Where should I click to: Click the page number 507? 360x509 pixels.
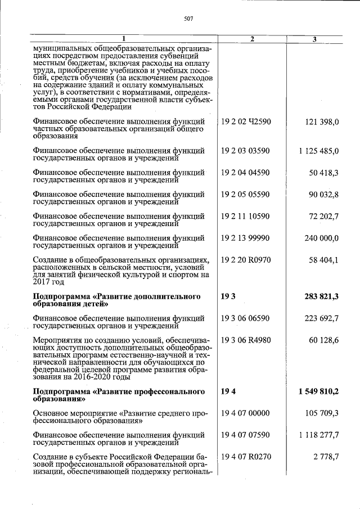188,19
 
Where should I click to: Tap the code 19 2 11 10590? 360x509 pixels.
245,217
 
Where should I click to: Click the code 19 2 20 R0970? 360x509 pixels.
246,260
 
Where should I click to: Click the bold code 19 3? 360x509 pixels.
228,296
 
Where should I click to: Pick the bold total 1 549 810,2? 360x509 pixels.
318,391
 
